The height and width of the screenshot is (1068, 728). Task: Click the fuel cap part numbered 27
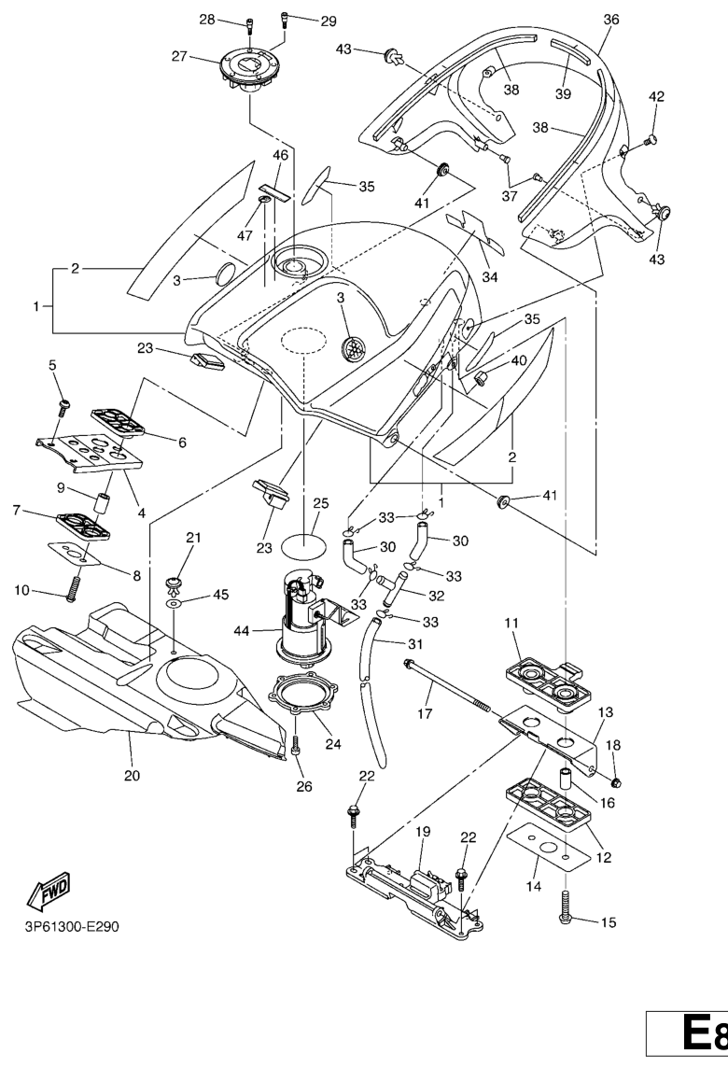coord(245,69)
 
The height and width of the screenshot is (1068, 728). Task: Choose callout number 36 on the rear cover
coord(611,19)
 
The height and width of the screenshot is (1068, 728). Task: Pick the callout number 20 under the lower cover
coord(131,775)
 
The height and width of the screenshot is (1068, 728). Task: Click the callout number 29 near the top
coord(302,21)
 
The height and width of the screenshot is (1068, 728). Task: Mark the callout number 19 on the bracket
coord(422,830)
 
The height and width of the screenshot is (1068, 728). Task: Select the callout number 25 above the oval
coord(321,503)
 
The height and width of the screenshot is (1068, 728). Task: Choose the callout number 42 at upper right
coord(657,96)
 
